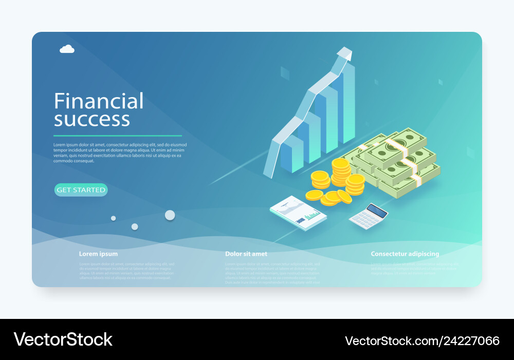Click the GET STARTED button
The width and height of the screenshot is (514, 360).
(x=81, y=190)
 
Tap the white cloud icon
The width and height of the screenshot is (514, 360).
(x=67, y=49)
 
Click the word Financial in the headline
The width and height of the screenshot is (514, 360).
(x=99, y=101)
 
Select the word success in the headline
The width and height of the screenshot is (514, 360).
(x=92, y=120)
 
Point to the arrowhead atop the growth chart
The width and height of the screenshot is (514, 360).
(x=345, y=53)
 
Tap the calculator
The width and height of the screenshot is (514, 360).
(x=368, y=216)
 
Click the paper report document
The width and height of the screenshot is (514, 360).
(x=298, y=213)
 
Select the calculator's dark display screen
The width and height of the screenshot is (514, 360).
(x=376, y=211)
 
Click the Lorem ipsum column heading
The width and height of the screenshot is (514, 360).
(x=98, y=254)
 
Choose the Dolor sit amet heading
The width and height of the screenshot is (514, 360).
(x=246, y=254)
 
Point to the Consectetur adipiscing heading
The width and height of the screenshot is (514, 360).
(x=405, y=254)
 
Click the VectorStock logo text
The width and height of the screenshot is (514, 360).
(x=63, y=339)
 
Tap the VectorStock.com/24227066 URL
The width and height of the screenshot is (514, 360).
(x=422, y=340)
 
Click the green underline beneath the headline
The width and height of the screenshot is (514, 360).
(x=118, y=136)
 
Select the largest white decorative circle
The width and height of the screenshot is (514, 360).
(x=170, y=215)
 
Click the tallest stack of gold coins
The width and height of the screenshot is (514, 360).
(x=340, y=172)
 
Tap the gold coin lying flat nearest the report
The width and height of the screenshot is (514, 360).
(x=314, y=195)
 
